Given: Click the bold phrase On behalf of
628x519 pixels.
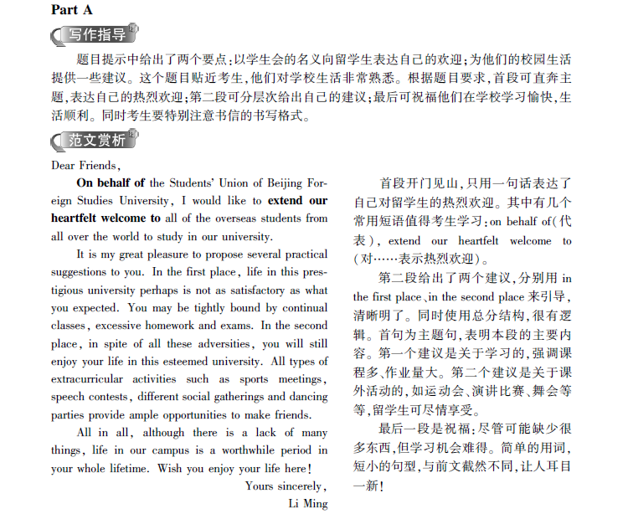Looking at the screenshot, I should (110, 182).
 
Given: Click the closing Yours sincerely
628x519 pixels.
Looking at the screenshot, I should (286, 486).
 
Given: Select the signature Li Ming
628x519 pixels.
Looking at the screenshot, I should (307, 504).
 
